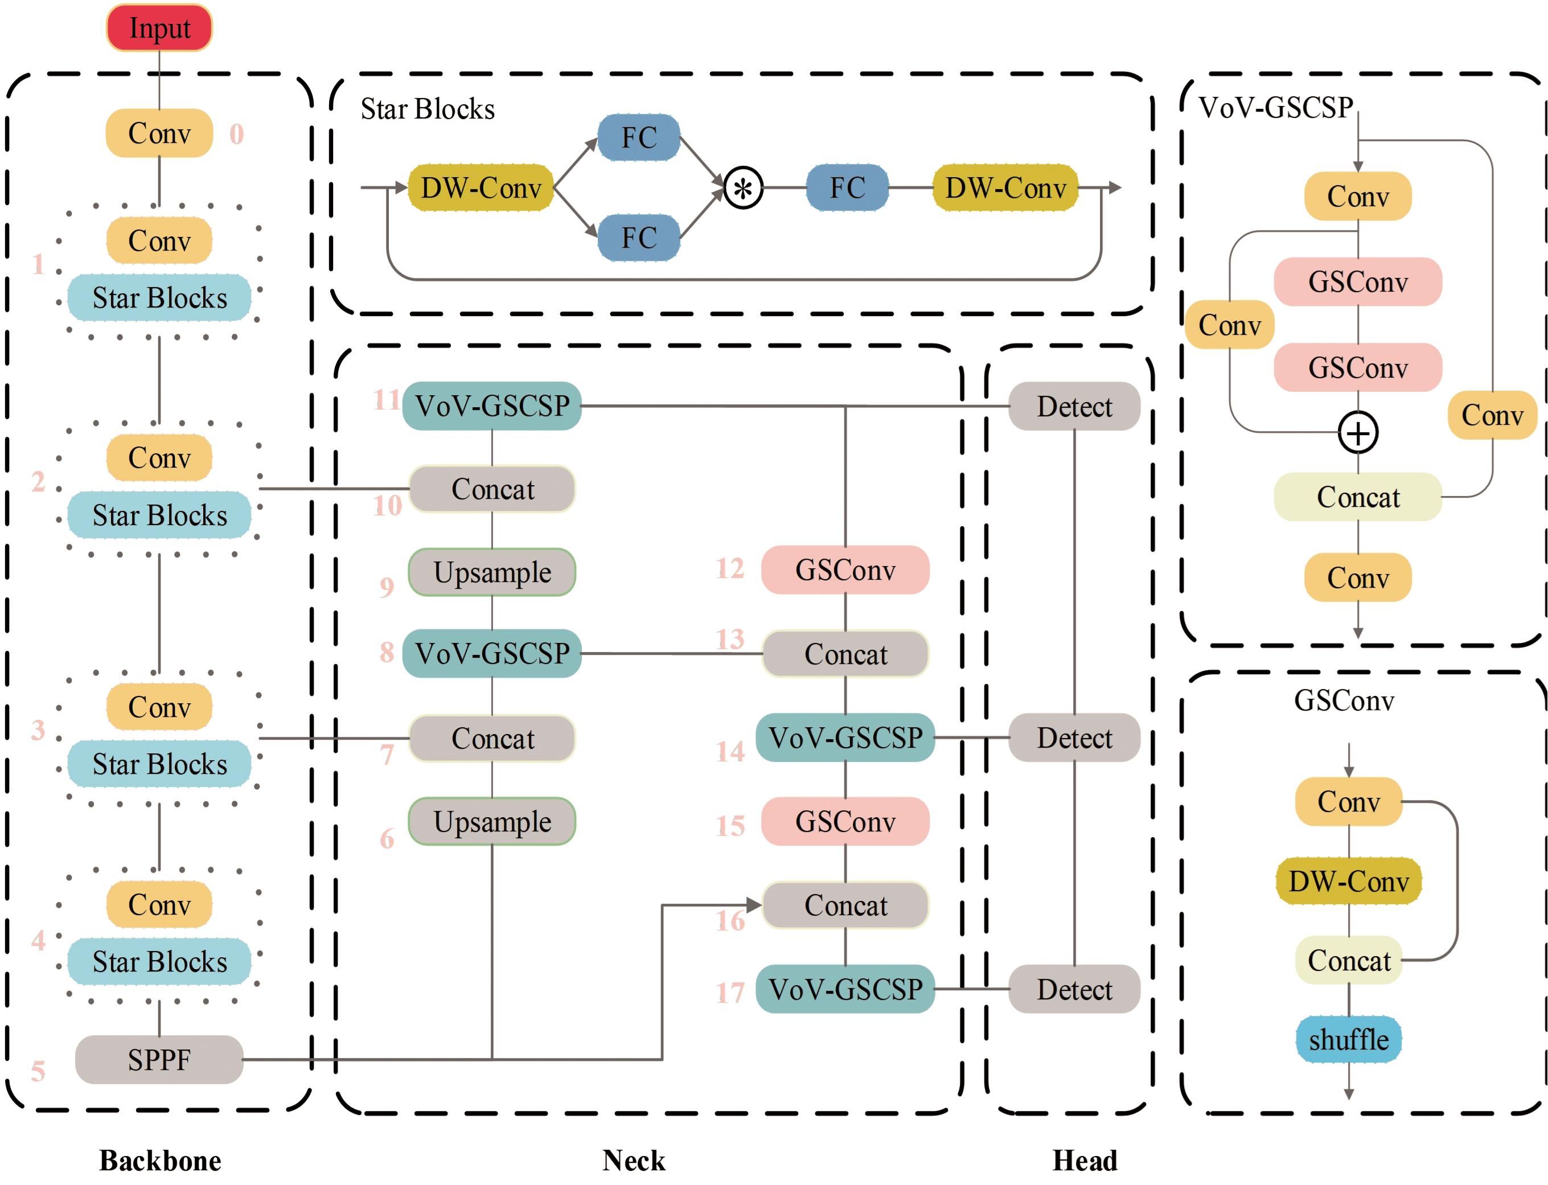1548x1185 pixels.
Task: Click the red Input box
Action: [159, 28]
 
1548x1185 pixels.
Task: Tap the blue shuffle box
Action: [1348, 1039]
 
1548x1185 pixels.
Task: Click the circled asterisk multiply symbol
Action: [742, 188]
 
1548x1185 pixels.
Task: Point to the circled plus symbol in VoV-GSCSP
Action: [1358, 433]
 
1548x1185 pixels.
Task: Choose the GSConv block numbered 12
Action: [845, 570]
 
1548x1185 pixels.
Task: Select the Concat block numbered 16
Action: [845, 905]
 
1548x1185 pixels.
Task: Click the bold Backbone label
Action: [160, 1161]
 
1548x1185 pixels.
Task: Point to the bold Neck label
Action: [633, 1161]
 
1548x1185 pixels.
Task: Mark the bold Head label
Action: [1084, 1161]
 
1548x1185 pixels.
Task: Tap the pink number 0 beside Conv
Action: [236, 134]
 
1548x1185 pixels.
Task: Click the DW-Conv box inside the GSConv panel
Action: [1348, 881]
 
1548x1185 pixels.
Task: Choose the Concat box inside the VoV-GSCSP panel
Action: [1358, 497]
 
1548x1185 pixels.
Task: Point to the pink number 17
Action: [730, 993]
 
